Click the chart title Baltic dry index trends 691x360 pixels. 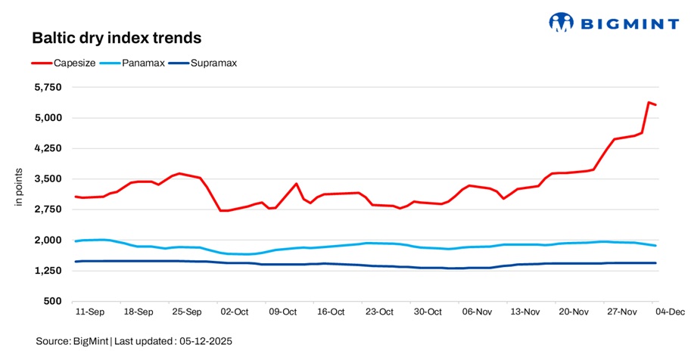click(x=116, y=37)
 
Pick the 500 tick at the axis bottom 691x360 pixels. click(x=53, y=302)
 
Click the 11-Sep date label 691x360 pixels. click(x=90, y=312)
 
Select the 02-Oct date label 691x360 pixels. click(x=235, y=312)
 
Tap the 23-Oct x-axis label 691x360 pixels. click(x=379, y=312)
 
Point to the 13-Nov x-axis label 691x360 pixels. click(x=524, y=312)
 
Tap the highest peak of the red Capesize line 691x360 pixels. click(x=649, y=102)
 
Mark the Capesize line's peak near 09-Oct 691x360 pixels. click(x=296, y=184)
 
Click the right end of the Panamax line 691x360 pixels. click(x=655, y=246)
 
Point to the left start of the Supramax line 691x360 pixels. click(x=75, y=262)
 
